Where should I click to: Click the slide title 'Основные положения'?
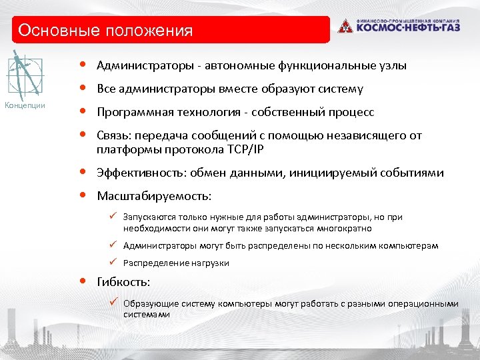105,31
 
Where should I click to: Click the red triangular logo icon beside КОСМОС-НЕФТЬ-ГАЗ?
345,27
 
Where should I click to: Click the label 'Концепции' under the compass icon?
25,105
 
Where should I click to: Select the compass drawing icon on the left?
25,75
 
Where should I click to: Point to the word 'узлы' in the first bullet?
392,65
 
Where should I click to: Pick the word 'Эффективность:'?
142,173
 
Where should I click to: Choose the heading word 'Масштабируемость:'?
154,196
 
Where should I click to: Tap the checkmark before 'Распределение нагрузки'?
114,262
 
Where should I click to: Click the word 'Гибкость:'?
123,281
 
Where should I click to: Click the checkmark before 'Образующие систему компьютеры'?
114,303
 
